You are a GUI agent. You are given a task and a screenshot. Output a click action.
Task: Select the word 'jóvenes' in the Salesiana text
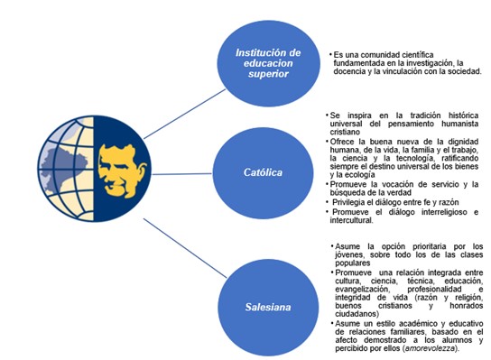(x=353, y=255)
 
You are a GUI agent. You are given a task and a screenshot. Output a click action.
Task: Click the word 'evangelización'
(x=363, y=289)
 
